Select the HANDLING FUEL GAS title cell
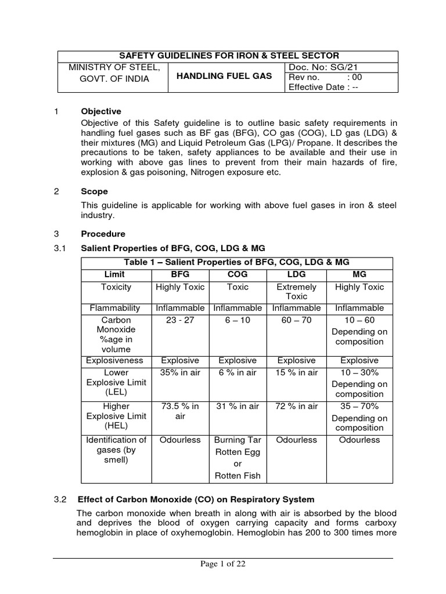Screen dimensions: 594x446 tap(225, 77)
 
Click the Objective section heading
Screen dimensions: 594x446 tap(102, 111)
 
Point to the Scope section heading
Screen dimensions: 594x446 tap(94, 191)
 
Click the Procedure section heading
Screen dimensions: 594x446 tap(103, 234)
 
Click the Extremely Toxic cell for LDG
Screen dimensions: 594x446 tap(296, 291)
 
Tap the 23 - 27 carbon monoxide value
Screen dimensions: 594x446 tap(179, 320)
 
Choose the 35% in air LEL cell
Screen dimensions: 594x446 tap(179, 372)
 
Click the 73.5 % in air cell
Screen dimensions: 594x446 tap(179, 411)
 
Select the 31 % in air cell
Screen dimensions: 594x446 tap(238, 406)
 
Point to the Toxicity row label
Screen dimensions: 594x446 tap(116, 287)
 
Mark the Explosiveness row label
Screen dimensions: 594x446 tap(116, 360)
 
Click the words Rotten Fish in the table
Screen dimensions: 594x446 tap(238, 476)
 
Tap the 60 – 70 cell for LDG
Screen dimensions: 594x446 tap(296, 320)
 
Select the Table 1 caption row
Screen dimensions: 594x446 tap(236, 262)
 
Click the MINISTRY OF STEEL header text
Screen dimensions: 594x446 tap(113, 67)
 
